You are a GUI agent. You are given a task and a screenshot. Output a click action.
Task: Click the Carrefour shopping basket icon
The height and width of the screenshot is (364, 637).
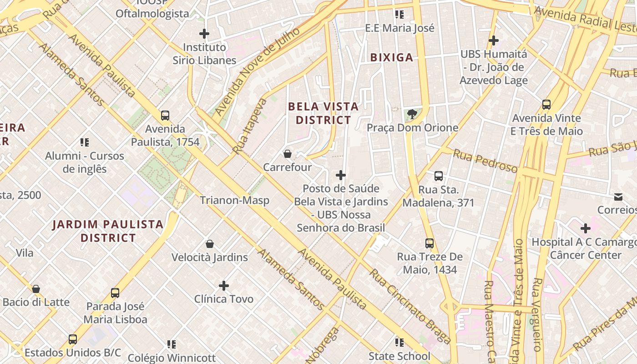pyautogui.click(x=287, y=154)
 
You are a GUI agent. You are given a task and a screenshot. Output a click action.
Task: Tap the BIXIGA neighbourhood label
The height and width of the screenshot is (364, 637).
pyautogui.click(x=391, y=57)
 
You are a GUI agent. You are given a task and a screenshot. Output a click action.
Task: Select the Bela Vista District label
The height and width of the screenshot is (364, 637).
pyautogui.click(x=323, y=113)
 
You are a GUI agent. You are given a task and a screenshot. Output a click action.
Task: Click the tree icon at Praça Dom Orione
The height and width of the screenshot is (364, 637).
pyautogui.click(x=412, y=114)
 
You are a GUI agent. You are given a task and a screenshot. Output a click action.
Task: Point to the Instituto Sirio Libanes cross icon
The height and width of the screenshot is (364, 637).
pyautogui.click(x=204, y=34)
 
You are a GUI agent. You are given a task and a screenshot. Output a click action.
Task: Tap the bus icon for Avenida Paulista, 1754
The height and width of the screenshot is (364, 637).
pyautogui.click(x=165, y=116)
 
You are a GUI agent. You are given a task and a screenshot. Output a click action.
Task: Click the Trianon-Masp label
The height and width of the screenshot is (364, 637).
pyautogui.click(x=234, y=200)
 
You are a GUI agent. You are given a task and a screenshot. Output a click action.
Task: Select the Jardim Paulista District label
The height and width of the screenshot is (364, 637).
pyautogui.click(x=108, y=231)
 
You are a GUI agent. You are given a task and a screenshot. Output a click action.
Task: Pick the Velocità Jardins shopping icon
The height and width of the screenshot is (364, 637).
pyautogui.click(x=210, y=244)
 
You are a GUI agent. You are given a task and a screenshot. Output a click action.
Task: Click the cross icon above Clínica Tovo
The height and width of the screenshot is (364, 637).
pyautogui.click(x=223, y=286)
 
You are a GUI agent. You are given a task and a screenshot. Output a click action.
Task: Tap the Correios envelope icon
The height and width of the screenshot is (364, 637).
pyautogui.click(x=618, y=197)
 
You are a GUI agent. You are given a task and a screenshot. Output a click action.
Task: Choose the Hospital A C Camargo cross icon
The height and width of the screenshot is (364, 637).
pyautogui.click(x=585, y=228)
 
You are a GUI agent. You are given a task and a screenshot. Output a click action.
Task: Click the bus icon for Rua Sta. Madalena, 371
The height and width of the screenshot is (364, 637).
pyautogui.click(x=439, y=176)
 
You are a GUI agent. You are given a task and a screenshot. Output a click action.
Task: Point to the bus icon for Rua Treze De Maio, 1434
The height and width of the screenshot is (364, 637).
pyautogui.click(x=430, y=243)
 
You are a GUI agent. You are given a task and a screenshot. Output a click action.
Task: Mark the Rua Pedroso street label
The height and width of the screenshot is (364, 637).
pyautogui.click(x=485, y=162)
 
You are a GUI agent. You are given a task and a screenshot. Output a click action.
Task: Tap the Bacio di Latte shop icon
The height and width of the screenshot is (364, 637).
pyautogui.click(x=36, y=289)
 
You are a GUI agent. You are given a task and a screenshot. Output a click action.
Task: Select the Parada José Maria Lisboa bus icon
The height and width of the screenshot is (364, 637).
pyautogui.click(x=115, y=293)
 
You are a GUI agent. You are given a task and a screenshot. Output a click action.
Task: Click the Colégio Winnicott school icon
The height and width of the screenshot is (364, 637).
pyautogui.click(x=171, y=344)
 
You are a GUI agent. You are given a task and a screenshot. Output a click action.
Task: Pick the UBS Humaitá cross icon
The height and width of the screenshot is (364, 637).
pyautogui.click(x=494, y=41)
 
